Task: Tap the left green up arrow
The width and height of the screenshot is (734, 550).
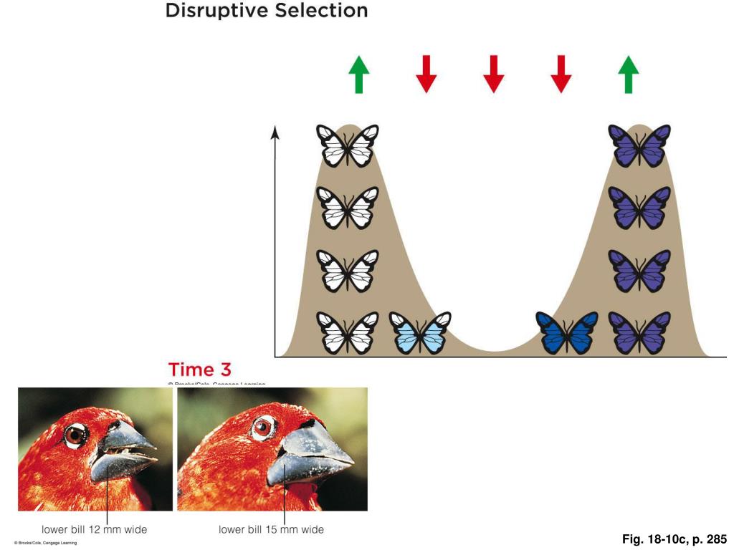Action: click(x=358, y=74)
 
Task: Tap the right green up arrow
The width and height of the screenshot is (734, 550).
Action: click(x=628, y=74)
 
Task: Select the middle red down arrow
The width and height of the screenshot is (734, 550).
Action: click(x=493, y=74)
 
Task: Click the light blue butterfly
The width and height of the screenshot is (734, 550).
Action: click(x=420, y=333)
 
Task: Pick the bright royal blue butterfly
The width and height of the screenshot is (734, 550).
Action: click(x=567, y=333)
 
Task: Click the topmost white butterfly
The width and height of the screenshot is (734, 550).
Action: click(x=348, y=145)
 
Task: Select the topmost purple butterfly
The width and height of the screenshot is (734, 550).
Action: click(x=639, y=145)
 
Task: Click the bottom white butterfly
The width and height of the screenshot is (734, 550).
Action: click(x=348, y=333)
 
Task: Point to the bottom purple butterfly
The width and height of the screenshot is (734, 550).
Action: click(x=639, y=333)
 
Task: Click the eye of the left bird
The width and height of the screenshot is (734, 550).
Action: click(x=74, y=435)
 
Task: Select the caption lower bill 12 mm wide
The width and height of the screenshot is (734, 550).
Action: click(x=94, y=530)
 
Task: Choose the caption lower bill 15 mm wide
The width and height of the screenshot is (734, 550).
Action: click(x=271, y=530)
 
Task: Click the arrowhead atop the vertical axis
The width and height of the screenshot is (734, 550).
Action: click(x=275, y=132)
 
